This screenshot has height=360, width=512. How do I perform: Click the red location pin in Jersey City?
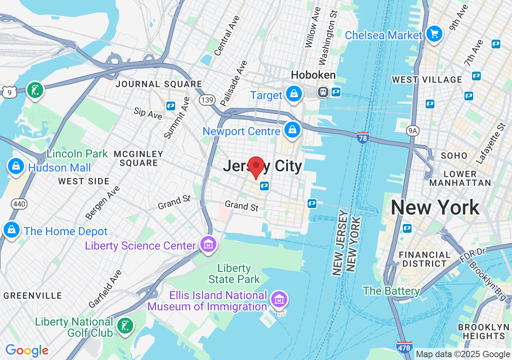click(x=256, y=166)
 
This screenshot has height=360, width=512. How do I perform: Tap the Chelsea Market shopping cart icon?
click(x=434, y=34)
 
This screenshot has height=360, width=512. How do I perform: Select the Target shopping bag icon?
click(x=294, y=94)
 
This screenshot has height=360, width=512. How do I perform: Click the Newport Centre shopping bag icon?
click(x=293, y=130)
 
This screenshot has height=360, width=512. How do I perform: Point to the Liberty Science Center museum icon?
click(x=208, y=244)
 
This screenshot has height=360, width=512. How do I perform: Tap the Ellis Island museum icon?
click(x=279, y=299)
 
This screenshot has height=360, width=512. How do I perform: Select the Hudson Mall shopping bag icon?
click(x=16, y=166)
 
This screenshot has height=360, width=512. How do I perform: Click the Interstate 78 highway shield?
click(x=362, y=137)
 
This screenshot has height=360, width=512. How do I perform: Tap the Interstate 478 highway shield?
click(x=404, y=347)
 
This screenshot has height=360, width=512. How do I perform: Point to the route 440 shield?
click(x=20, y=204)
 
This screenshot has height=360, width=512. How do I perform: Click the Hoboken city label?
click(x=313, y=75)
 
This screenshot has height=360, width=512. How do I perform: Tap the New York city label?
click(x=435, y=208)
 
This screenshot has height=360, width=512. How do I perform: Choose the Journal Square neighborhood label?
click(x=159, y=84)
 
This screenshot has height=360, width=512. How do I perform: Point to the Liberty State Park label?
click(x=234, y=274)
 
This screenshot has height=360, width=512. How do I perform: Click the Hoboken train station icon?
click(x=322, y=92)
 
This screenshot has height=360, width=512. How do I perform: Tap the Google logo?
click(x=27, y=351)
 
